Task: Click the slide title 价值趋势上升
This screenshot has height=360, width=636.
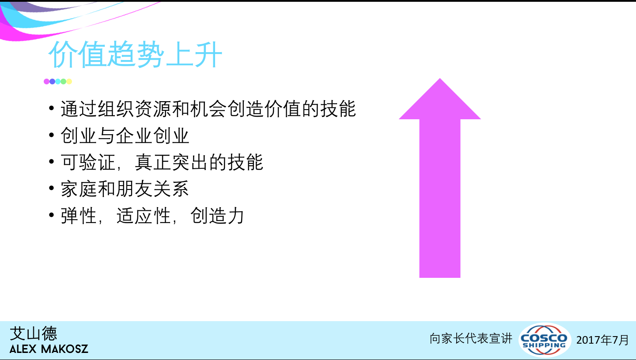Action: pyautogui.click(x=135, y=54)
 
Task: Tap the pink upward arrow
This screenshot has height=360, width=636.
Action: pyautogui.click(x=440, y=178)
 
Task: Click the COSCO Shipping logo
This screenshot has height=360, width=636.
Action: pyautogui.click(x=544, y=340)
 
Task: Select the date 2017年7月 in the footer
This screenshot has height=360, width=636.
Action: pyautogui.click(x=602, y=340)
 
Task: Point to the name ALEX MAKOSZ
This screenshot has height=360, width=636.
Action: pyautogui.click(x=49, y=349)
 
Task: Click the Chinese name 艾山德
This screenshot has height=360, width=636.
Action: pyautogui.click(x=34, y=333)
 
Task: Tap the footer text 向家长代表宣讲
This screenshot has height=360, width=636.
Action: pyautogui.click(x=471, y=338)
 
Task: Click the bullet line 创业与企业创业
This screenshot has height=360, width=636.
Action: pyautogui.click(x=125, y=136)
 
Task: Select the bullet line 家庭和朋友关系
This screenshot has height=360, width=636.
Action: pyautogui.click(x=125, y=189)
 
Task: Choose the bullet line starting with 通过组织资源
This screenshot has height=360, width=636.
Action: pyautogui.click(x=208, y=109)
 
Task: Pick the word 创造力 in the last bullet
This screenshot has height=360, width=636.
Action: pyautogui.click(x=217, y=216)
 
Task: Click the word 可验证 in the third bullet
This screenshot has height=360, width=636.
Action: pyautogui.click(x=87, y=162)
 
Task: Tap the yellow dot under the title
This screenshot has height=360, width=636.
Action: pyautogui.click(x=69, y=81)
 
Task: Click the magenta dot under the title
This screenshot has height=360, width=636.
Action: pyautogui.click(x=46, y=81)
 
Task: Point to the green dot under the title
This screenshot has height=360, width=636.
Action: pyautogui.click(x=63, y=81)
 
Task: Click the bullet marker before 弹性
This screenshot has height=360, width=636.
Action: pyautogui.click(x=51, y=215)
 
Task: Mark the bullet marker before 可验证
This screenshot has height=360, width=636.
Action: pyautogui.click(x=51, y=162)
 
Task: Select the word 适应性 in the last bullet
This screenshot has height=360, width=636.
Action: pyautogui.click(x=144, y=216)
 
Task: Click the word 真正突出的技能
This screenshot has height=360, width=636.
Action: pyautogui.click(x=199, y=162)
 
